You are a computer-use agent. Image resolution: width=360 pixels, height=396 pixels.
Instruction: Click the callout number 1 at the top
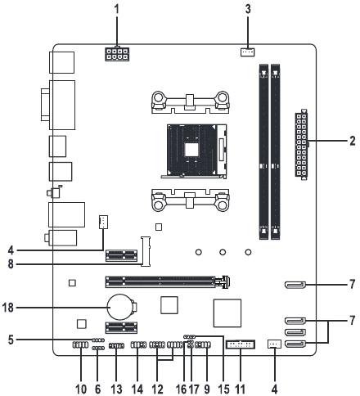tap(117, 9)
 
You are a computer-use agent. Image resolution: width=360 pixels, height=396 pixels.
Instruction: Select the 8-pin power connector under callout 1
tap(117, 54)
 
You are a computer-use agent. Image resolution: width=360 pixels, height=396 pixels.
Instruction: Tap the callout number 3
tap(248, 9)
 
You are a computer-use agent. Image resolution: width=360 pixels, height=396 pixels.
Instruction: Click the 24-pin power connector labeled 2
tap(301, 144)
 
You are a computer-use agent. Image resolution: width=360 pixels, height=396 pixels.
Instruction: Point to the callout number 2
tap(353, 141)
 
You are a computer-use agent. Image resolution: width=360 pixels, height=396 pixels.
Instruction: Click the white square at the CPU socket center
tap(191, 150)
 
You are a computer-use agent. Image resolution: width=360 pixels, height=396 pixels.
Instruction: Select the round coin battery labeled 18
tap(119, 307)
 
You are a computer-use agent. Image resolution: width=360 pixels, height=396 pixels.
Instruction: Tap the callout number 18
tap(7, 308)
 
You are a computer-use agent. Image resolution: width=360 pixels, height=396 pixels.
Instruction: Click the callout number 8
tap(11, 264)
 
